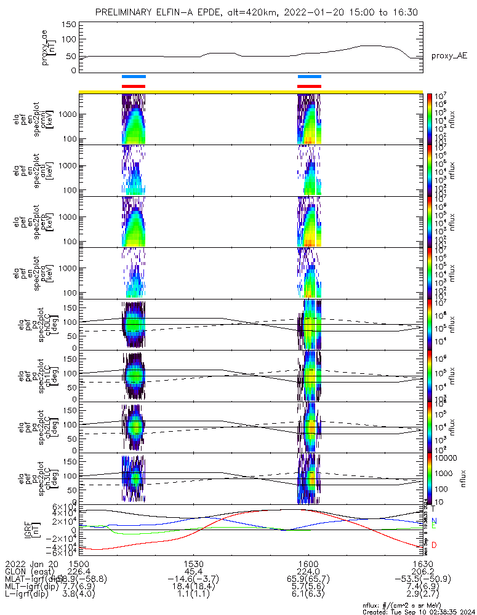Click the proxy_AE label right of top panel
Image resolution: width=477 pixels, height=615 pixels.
449,56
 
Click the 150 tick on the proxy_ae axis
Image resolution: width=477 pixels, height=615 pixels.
69,24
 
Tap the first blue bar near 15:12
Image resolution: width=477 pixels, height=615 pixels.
134,77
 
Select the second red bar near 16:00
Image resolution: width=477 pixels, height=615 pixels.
309,86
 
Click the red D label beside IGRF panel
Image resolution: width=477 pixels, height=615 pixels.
435,545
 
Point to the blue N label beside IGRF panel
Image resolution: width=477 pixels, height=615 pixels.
435,521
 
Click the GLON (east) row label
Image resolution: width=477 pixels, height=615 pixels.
28,571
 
